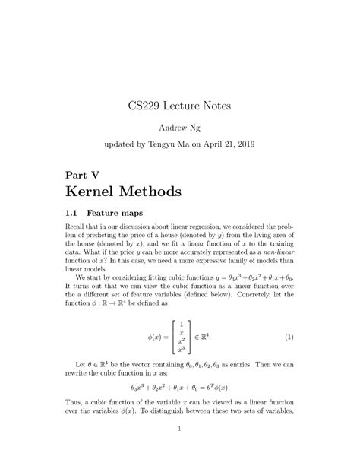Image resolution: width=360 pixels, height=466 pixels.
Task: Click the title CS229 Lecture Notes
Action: click(180, 104)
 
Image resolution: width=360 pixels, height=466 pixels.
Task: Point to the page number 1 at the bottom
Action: click(180, 428)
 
